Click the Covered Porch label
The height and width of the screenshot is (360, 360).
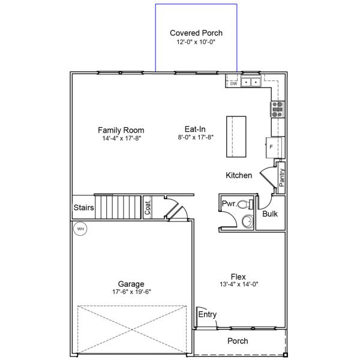pos(196,33)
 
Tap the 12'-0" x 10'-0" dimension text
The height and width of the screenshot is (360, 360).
pos(196,42)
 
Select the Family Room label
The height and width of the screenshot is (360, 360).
pos(121,130)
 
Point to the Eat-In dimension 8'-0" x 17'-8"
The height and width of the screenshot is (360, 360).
pos(196,137)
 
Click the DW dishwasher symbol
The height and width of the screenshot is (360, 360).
pos(233,83)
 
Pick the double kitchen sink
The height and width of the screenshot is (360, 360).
pos(251,82)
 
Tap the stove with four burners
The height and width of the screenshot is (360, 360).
pos(277,109)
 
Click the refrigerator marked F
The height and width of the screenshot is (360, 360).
pos(274,148)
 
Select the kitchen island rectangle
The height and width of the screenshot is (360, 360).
pos(236,137)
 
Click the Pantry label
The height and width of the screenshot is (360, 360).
pos(282,178)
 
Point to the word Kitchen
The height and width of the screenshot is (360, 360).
pos(239,175)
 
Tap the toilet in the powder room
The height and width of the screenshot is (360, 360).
pos(245,204)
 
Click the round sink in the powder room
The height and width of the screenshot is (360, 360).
pos(248,221)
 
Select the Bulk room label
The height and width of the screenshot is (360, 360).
pos(270,214)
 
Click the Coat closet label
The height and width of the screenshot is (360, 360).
pos(148,208)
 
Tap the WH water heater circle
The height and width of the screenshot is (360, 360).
pos(80,229)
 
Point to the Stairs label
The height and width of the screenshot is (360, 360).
pos(83,208)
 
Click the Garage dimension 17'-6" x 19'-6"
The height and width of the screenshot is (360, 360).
pos(131,292)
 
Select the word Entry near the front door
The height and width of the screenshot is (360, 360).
pos(208,314)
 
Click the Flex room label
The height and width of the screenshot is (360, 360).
pos(238,277)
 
